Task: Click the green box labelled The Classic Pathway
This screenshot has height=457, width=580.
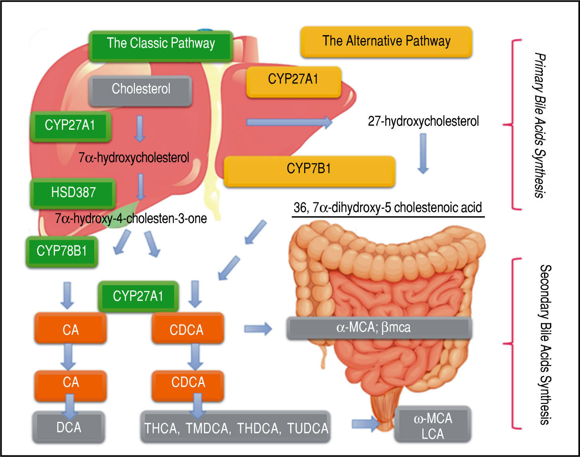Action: point(161,43)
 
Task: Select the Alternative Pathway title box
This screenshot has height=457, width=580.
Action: point(386,42)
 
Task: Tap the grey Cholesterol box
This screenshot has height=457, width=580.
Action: point(141,89)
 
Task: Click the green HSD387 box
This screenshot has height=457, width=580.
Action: point(73,192)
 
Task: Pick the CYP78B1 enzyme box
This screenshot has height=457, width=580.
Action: point(61,251)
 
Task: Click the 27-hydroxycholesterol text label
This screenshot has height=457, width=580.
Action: point(423,121)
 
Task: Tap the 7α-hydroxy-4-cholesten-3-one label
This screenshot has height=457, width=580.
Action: point(131,218)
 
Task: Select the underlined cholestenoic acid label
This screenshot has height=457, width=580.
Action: point(388,208)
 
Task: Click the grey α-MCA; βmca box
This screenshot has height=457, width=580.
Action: point(379,328)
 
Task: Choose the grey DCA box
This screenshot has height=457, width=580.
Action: point(69,427)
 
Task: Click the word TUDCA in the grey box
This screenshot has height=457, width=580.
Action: point(307,429)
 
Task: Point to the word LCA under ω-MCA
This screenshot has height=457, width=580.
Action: point(433,434)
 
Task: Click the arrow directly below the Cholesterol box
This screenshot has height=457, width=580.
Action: point(139,129)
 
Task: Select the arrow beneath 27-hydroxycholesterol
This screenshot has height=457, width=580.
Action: point(423,153)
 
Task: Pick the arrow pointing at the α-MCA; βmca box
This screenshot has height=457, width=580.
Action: point(258,329)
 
